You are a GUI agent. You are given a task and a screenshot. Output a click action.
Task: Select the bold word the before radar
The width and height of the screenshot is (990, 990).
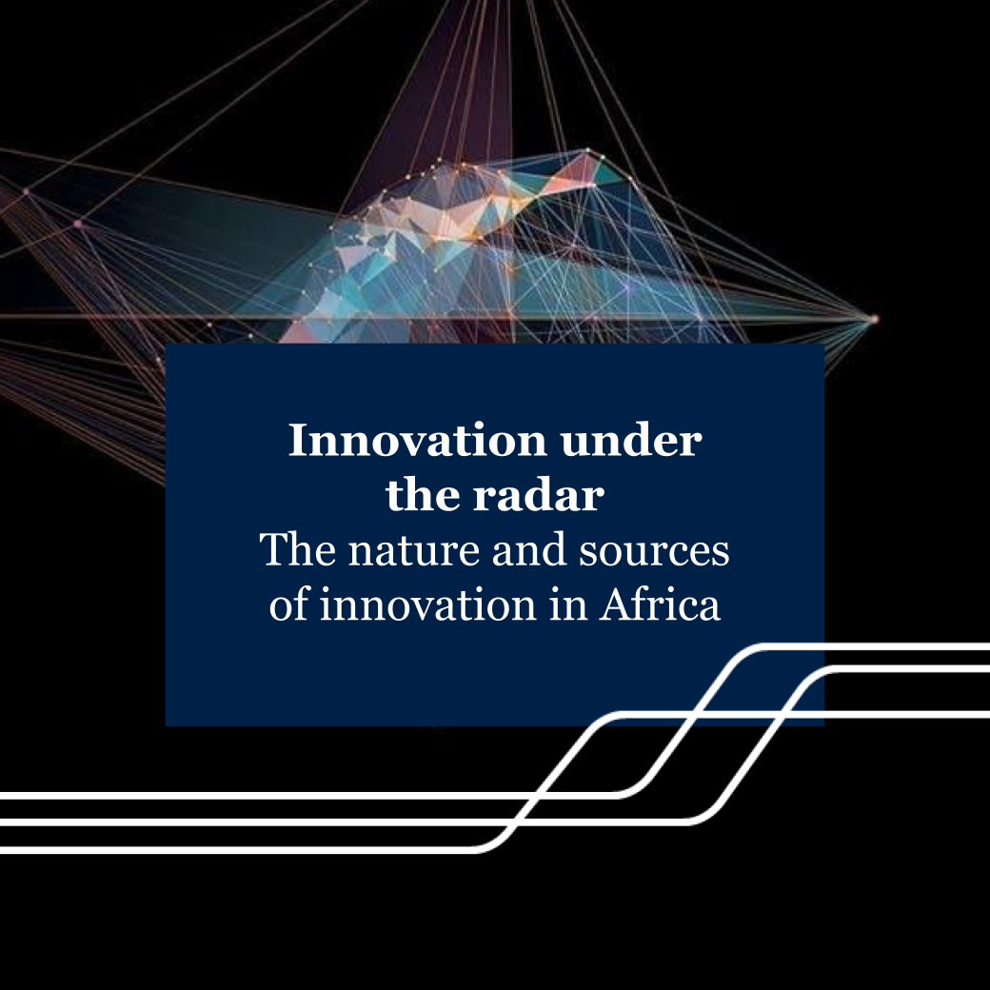[x=421, y=496]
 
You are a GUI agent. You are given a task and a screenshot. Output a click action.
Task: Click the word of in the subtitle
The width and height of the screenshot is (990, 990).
[x=289, y=605]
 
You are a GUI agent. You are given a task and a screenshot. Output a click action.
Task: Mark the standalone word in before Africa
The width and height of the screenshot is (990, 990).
[x=570, y=605]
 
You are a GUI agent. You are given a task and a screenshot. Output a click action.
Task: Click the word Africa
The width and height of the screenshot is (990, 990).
[x=660, y=605]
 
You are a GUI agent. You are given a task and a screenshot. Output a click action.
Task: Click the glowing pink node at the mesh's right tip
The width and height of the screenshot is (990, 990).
[x=875, y=319]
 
